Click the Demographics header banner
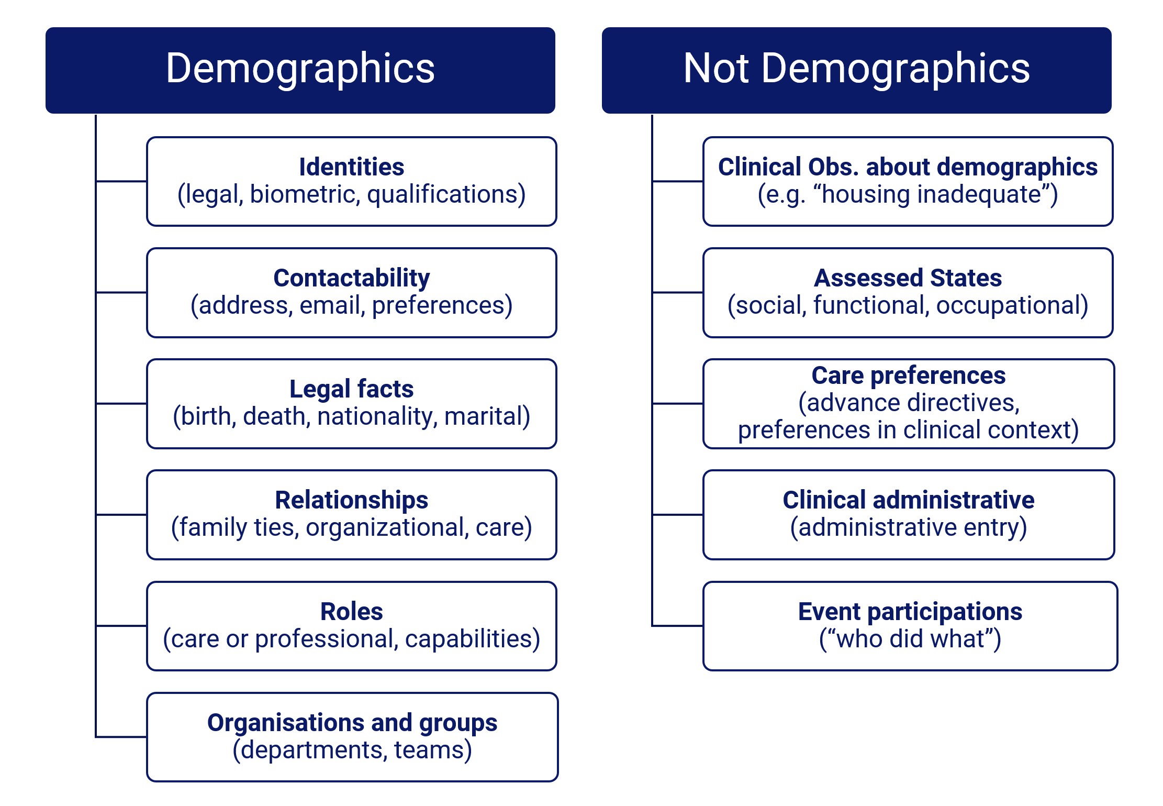coord(300,70)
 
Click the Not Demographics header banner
coord(856,70)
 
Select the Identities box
coord(352,181)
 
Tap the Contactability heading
coord(352,278)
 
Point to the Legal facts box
coord(352,403)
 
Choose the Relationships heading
coord(352,500)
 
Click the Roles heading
coord(352,611)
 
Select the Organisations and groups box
coord(352,737)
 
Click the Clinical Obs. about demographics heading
coord(908,167)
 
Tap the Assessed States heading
coord(908,278)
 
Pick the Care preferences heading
coord(909,375)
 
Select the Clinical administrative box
coord(909,514)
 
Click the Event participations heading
coord(910,611)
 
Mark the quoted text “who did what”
coord(910,639)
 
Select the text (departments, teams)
coord(352,750)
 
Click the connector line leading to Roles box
coord(121,625)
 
